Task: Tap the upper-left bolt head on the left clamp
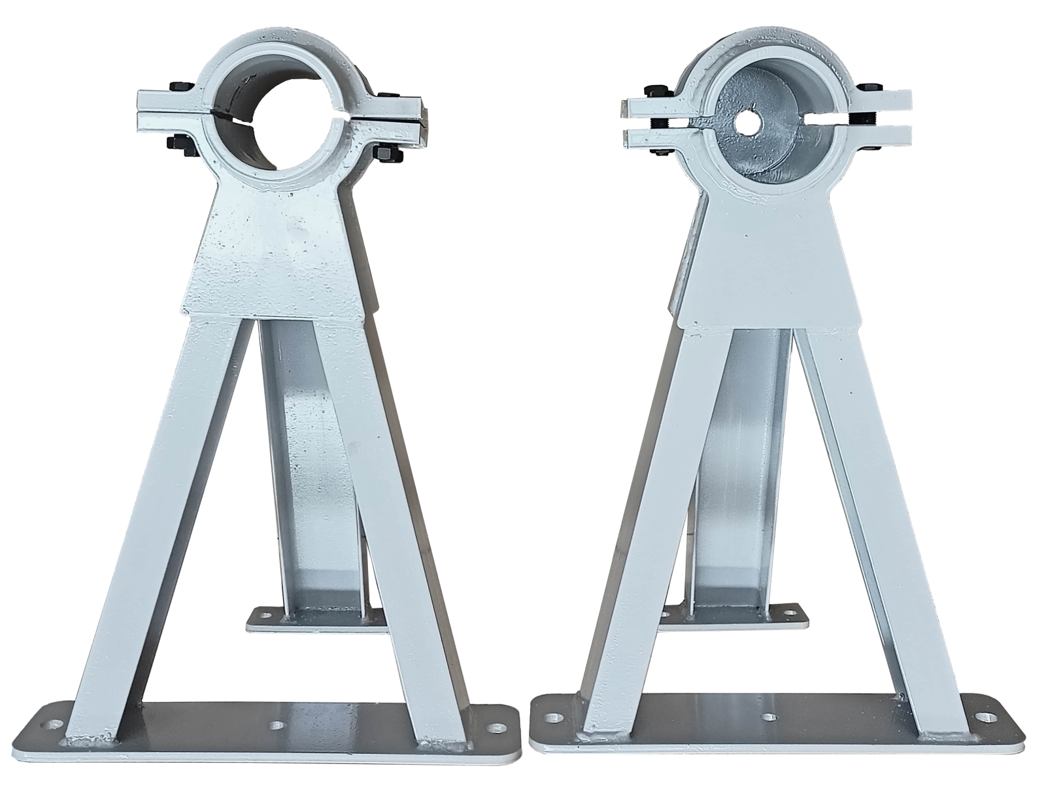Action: tap(178, 87)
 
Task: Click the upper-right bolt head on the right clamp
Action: tap(870, 88)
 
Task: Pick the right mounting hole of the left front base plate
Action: tap(500, 727)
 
